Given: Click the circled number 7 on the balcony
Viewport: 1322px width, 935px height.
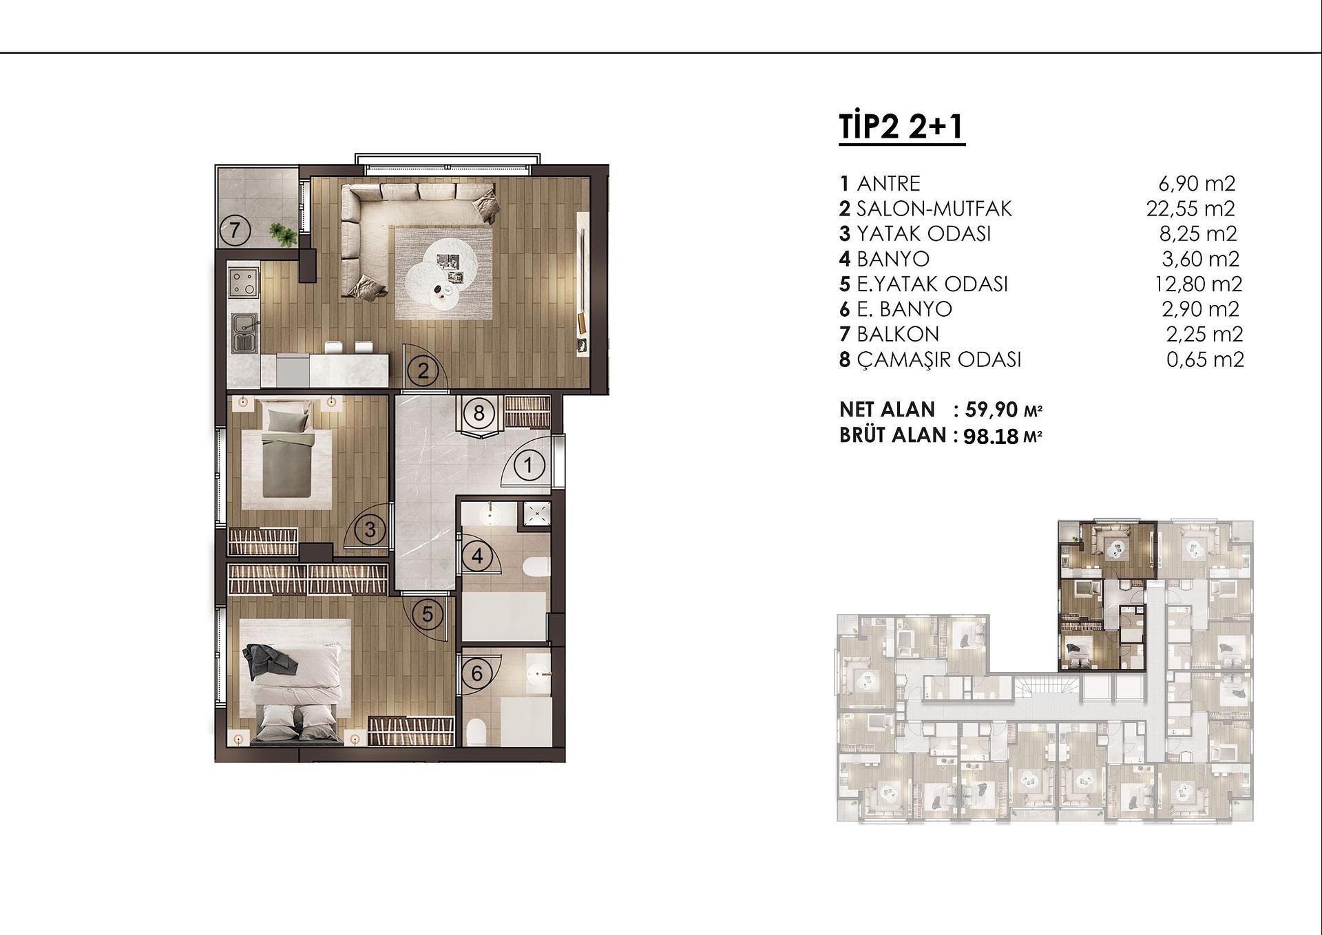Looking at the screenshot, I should pos(235,230).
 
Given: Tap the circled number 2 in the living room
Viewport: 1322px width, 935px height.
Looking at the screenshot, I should pos(423,371).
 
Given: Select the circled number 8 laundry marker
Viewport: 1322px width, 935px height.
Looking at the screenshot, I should pos(479,413).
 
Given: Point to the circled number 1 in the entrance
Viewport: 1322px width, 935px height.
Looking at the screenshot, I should pos(528,465).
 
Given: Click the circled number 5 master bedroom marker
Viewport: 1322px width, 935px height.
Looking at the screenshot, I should pos(428,613).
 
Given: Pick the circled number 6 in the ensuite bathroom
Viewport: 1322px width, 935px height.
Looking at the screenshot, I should pos(476,673).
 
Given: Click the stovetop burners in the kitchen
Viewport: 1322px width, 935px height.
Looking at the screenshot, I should pos(242,283).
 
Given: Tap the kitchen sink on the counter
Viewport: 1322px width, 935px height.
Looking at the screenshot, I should pos(243,332).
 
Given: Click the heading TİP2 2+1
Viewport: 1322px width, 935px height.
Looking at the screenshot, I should pos(901,128).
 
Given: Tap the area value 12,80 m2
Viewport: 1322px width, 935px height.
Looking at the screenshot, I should pos(1198,284).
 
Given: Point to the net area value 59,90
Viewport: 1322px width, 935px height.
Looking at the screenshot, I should pos(992,410).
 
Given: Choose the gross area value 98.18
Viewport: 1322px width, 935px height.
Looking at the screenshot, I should pos(992,437).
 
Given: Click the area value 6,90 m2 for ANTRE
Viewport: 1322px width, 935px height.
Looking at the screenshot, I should pos(1197,183).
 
